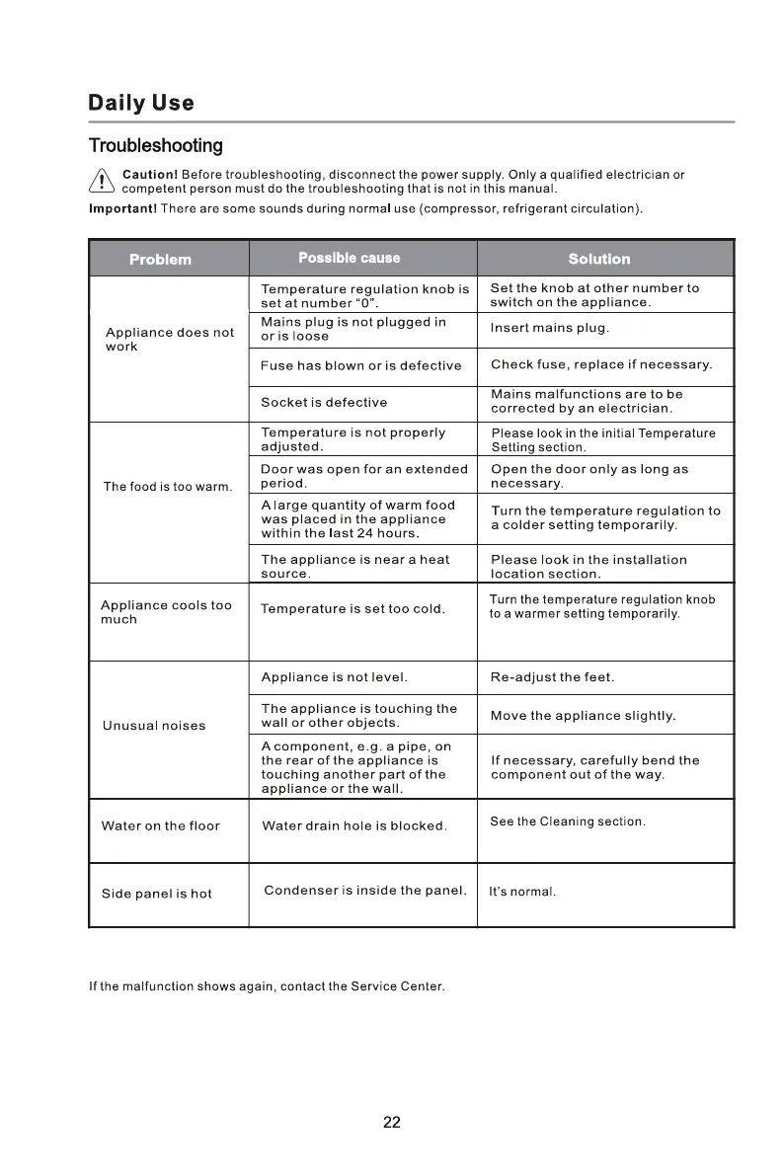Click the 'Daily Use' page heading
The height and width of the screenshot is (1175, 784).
141,103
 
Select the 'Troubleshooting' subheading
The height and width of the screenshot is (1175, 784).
155,146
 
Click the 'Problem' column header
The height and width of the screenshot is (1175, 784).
160,259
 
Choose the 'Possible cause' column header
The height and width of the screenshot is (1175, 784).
350,258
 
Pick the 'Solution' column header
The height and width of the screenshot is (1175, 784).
598,259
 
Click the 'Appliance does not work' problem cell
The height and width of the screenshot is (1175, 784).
169,340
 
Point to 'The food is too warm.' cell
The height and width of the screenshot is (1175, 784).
167,488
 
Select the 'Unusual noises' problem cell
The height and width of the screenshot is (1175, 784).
154,726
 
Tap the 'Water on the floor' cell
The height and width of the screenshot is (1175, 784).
160,825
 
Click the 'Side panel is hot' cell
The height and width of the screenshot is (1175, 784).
156,894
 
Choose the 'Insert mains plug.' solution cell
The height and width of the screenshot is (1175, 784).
549,328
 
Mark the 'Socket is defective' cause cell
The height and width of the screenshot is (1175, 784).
324,402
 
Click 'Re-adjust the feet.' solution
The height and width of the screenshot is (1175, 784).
552,677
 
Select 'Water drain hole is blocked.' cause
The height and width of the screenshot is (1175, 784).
354,825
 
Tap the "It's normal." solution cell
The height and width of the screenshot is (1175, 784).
522,893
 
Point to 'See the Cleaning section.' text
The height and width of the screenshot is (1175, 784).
568,822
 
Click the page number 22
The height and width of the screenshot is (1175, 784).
392,1123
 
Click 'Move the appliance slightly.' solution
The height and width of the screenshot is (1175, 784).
583,716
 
